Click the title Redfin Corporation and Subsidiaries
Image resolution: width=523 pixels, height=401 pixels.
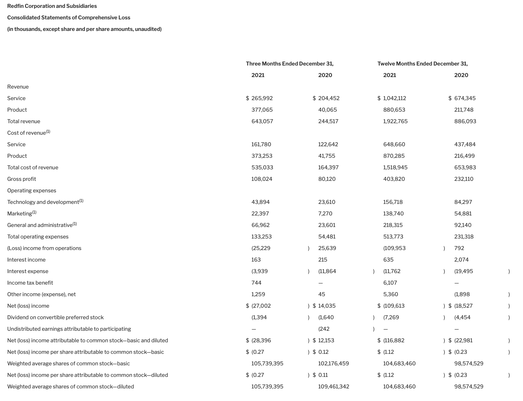[x=52, y=6]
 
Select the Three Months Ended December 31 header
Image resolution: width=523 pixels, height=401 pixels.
[x=290, y=64]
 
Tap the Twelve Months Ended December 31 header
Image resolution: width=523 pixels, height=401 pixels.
[x=422, y=64]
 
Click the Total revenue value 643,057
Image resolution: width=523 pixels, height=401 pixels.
[x=262, y=121]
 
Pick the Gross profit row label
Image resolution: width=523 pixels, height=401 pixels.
[x=21, y=179]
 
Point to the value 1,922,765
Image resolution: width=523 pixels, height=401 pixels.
[x=395, y=121]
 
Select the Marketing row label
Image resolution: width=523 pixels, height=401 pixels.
[x=20, y=214]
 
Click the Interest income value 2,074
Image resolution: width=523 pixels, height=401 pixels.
[x=461, y=260]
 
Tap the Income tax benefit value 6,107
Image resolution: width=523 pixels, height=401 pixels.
[x=390, y=283]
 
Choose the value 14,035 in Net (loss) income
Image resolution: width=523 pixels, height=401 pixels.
[x=327, y=306]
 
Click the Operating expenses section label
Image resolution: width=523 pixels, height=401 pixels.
[x=32, y=191]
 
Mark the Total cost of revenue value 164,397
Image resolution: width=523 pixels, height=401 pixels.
[x=328, y=167]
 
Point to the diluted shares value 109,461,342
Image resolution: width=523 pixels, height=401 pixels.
[x=334, y=387]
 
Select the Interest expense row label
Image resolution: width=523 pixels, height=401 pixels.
[x=28, y=271]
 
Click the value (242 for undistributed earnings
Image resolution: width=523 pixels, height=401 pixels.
[x=324, y=329]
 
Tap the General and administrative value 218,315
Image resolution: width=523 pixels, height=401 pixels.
[x=393, y=225]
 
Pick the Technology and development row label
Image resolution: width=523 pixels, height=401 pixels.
[x=43, y=202]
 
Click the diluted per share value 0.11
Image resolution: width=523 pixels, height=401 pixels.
[x=323, y=375]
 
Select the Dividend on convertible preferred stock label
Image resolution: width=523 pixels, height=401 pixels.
[x=55, y=317]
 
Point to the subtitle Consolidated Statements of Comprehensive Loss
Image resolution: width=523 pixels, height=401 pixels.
[x=69, y=18]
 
